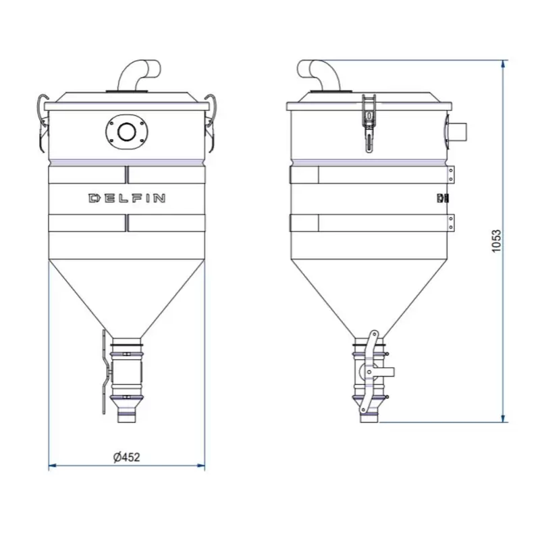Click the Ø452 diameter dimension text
click(127, 458)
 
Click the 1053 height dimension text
click(496, 241)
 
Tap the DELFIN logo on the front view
click(127, 198)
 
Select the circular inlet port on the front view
click(127, 132)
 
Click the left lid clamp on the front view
click(42, 122)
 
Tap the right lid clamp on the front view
click(211, 122)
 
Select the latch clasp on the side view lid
click(369, 122)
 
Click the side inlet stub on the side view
click(457, 132)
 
